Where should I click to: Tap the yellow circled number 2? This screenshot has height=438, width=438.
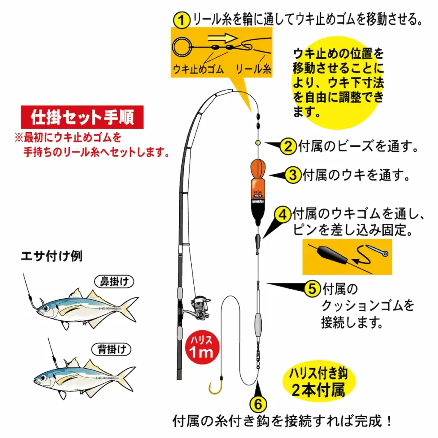pyautogui.click(x=289, y=147)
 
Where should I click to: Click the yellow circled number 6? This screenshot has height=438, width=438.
pyautogui.click(x=258, y=403)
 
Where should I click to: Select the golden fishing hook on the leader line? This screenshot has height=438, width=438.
pyautogui.click(x=216, y=387)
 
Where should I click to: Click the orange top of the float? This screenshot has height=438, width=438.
pyautogui.click(x=257, y=169)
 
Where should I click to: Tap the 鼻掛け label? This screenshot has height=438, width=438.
pyautogui.click(x=114, y=281)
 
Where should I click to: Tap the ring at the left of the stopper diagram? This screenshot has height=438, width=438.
pyautogui.click(x=181, y=45)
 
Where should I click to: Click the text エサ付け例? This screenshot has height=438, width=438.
pyautogui.click(x=52, y=256)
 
